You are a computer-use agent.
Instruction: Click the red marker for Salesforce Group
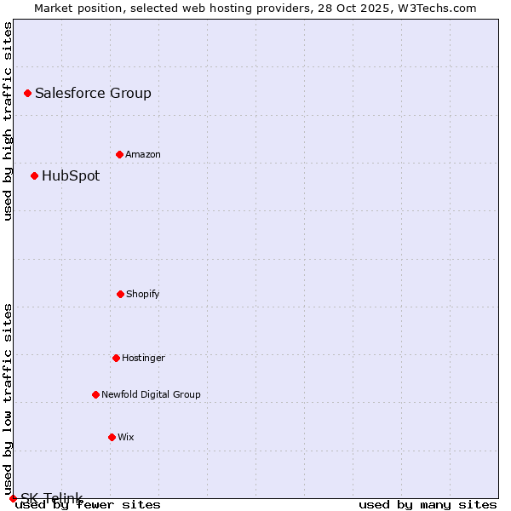[x=27, y=93]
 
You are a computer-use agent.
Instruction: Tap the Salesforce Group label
[x=93, y=94]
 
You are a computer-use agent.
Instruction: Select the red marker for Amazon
[x=119, y=154]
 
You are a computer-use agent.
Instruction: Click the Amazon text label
[x=143, y=155]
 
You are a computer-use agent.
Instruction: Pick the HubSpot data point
[x=34, y=175]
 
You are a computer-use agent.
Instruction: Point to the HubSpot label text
[x=71, y=176]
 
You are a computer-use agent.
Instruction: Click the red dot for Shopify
[x=120, y=294]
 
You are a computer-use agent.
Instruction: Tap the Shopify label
[x=143, y=295]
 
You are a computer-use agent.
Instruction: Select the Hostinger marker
[x=116, y=358]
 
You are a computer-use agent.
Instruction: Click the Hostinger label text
[x=143, y=359]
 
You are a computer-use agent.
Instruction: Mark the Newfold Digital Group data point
[x=95, y=394]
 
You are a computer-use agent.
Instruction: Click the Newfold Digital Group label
[x=151, y=395]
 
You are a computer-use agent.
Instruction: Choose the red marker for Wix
[x=112, y=437]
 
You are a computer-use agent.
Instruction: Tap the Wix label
[x=126, y=438]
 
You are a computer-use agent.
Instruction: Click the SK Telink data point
[x=13, y=498]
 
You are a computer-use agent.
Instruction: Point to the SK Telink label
[x=52, y=498]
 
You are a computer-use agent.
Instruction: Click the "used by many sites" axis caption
[x=428, y=505]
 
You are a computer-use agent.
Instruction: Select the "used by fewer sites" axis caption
[x=89, y=505]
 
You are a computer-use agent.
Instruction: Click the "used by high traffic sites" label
[x=9, y=121]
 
